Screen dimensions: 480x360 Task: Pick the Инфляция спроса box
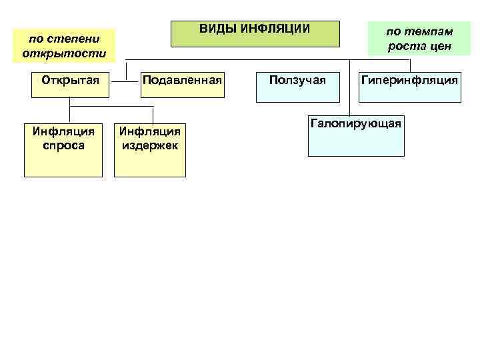coord(63,149)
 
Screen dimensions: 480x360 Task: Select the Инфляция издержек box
coord(150,149)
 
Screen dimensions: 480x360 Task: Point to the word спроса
coord(63,145)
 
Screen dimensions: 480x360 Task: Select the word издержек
coord(150,145)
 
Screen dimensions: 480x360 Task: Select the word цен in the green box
coord(439,46)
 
